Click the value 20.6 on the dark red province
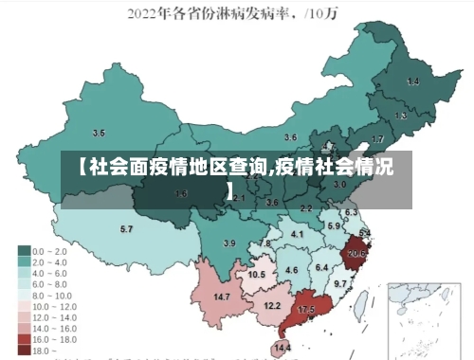[357, 254]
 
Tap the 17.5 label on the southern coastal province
[306, 310]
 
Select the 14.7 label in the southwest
[222, 297]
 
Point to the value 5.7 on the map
[126, 229]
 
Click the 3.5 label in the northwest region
[99, 133]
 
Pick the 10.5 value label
[257, 275]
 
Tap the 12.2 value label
[272, 305]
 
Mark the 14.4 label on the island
[282, 349]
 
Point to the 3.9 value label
[228, 243]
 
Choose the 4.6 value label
[292, 271]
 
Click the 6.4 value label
[321, 267]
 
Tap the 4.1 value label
[298, 233]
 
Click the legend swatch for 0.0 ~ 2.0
[24, 250]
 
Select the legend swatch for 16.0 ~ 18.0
[24, 338]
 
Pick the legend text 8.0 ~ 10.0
[53, 294]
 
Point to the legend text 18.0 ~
[46, 349]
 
